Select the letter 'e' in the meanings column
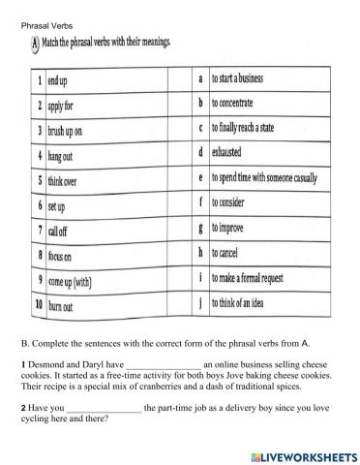[199, 178]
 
